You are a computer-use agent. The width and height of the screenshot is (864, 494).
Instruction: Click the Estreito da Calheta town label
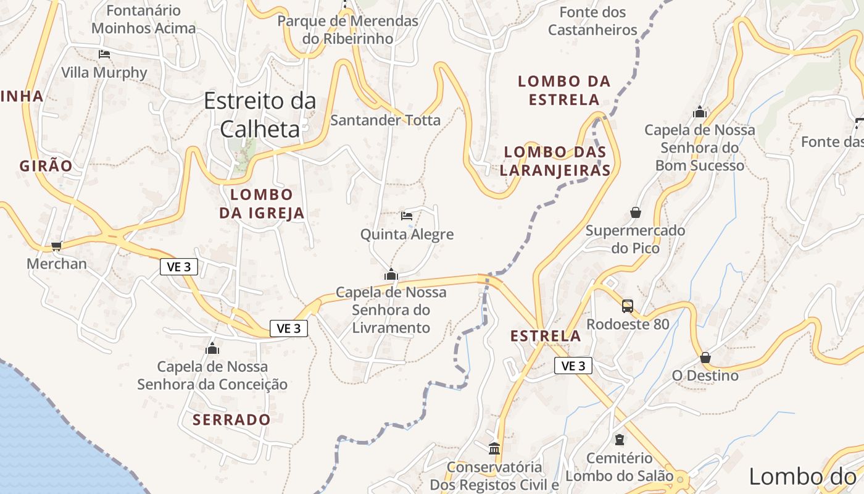tap(260, 114)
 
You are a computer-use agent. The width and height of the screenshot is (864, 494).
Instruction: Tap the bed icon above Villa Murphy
tap(104, 54)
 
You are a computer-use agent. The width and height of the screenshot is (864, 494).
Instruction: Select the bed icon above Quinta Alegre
tap(407, 216)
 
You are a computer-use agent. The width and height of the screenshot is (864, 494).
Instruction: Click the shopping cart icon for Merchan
tap(57, 246)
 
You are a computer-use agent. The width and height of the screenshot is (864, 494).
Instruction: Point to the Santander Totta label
tap(385, 120)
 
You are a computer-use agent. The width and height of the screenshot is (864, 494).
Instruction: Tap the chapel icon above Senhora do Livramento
tap(391, 274)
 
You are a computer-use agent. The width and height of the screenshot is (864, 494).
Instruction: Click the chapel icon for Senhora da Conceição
tap(212, 349)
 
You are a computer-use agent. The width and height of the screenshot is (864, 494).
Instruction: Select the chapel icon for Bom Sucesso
tap(699, 112)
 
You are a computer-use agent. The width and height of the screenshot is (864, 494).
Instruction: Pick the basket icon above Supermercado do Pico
tap(636, 212)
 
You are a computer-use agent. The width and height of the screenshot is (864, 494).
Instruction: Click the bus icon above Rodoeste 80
tap(628, 306)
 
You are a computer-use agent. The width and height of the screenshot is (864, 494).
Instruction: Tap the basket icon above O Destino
tap(705, 358)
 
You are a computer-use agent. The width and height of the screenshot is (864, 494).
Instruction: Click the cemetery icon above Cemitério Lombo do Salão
tap(619, 440)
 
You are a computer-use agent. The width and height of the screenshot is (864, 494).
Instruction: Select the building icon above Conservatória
tap(494, 448)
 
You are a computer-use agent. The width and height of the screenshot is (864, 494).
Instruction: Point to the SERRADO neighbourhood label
tap(231, 420)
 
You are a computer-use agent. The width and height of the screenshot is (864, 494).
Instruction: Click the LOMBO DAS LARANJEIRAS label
tap(555, 161)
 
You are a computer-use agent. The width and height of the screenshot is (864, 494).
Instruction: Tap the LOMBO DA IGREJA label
tap(262, 204)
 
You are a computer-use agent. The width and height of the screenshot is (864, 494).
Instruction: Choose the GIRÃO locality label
tap(46, 165)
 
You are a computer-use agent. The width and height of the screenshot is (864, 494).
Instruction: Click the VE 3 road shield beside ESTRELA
tap(573, 366)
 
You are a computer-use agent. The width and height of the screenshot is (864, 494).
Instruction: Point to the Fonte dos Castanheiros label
tap(592, 20)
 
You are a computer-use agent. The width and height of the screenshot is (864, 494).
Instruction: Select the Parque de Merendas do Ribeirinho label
tap(347, 29)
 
